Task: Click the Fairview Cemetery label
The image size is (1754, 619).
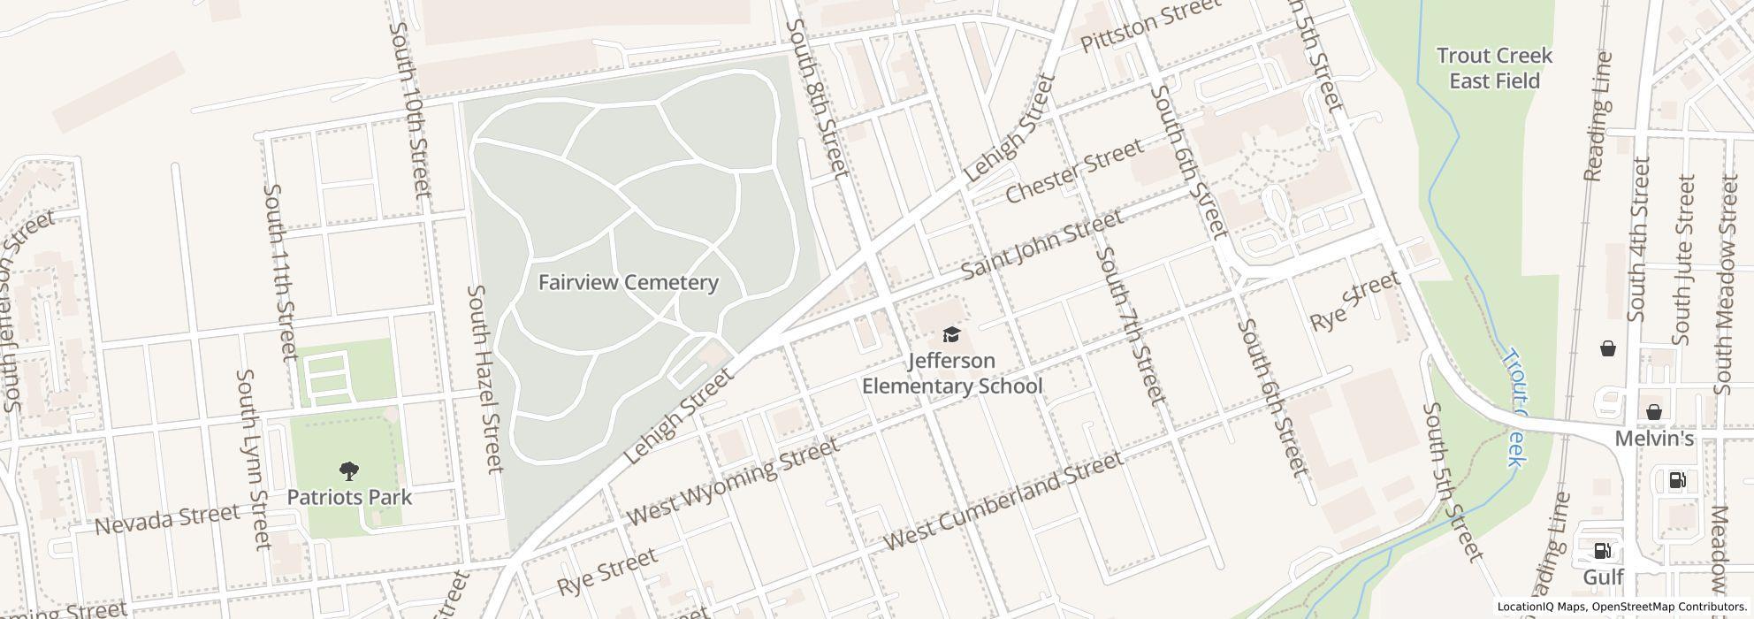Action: click(628, 283)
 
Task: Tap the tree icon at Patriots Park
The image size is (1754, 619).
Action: click(349, 471)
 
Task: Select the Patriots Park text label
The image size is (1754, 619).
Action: click(349, 497)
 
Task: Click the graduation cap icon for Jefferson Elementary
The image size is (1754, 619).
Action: click(951, 334)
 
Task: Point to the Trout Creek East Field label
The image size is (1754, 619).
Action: click(1494, 68)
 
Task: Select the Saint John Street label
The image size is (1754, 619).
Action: click(1042, 243)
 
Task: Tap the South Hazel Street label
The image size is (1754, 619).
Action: click(485, 378)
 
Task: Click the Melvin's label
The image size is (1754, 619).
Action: click(1654, 439)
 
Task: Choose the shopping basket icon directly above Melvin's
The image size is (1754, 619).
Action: click(1653, 412)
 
